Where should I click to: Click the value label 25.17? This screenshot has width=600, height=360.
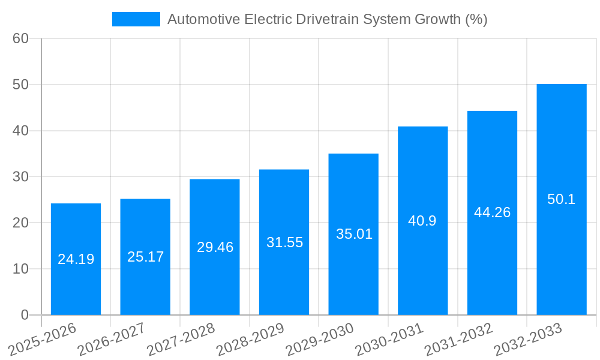[x=145, y=257]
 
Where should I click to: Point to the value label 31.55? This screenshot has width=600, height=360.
[x=284, y=242]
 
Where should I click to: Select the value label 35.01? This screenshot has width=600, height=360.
[x=354, y=234]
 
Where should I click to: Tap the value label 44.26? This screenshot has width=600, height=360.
[x=492, y=212]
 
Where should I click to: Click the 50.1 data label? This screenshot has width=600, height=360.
[x=562, y=199]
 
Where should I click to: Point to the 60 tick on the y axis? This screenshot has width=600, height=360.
[x=21, y=38]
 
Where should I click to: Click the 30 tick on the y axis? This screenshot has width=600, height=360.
[x=21, y=176]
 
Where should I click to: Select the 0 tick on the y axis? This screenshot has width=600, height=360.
[x=25, y=314]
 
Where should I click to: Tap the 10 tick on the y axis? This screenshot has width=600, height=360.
[x=21, y=269]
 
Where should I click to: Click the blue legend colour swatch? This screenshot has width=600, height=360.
[x=136, y=19]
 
